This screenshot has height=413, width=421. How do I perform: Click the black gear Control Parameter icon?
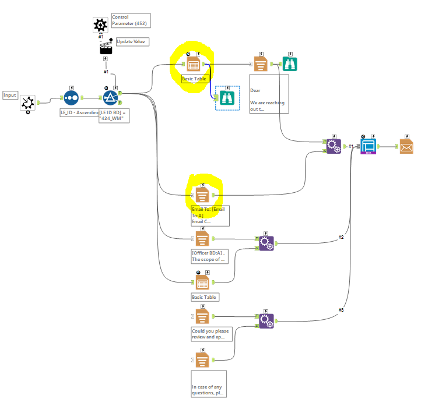pos(100,25)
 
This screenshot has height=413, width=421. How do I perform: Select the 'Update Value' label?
pos(132,42)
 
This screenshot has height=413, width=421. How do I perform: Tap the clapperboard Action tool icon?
pos(106,48)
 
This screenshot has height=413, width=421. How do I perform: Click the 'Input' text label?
pos(10,95)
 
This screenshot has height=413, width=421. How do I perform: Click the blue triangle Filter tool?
pos(110,100)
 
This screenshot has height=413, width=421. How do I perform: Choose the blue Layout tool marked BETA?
pos(368,146)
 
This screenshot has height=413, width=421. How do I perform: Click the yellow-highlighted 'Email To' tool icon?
pos(202,194)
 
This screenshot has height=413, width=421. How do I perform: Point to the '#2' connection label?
pos(342,237)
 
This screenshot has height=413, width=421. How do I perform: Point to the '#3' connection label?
pos(342,310)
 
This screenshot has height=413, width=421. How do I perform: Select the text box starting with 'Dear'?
pos(269,97)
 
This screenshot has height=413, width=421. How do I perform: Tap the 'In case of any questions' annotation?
pos(208,389)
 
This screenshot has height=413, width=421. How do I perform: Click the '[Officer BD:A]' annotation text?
pos(208,256)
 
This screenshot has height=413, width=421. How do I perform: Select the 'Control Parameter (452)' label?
pos(129,20)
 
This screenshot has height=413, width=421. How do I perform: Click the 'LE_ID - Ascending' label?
pos(80,112)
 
